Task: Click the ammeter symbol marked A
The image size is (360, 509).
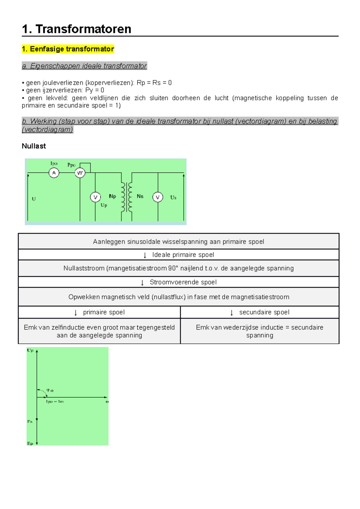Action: [54, 173]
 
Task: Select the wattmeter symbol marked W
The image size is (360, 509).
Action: [80, 173]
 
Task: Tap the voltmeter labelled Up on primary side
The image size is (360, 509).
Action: [95, 197]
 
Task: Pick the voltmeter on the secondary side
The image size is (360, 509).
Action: [158, 197]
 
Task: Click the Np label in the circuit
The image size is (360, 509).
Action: [112, 196]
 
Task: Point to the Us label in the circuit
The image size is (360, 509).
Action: [173, 198]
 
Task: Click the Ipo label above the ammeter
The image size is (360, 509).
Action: [54, 163]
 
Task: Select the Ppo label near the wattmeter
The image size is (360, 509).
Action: [71, 165]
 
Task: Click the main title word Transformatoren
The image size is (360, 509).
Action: [83, 29]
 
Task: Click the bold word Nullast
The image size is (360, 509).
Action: [34, 146]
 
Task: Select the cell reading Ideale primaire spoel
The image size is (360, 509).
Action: [183, 255]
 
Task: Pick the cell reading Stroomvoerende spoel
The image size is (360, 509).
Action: [183, 282]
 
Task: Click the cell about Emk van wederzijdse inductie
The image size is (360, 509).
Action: [259, 331]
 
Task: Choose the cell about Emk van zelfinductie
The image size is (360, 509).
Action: [99, 331]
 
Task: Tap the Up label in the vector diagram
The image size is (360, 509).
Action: [30, 350]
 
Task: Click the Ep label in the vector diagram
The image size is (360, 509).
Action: [30, 443]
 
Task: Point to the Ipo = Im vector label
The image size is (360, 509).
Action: [55, 401]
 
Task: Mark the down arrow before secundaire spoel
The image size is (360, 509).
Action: [232, 313]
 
